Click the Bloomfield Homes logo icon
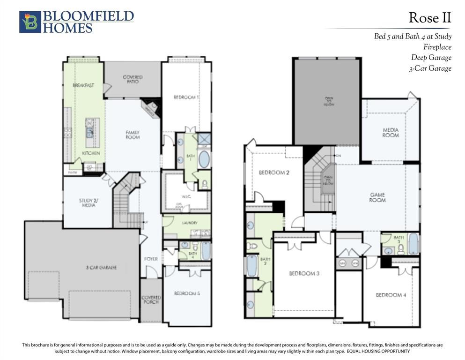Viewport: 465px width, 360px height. (x=30, y=22)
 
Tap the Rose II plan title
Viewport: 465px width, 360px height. (x=429, y=18)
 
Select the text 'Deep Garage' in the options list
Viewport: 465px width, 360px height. (x=431, y=58)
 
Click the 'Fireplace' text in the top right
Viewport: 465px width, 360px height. (x=437, y=47)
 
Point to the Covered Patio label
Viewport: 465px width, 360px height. (x=133, y=79)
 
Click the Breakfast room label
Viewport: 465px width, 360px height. (x=83, y=85)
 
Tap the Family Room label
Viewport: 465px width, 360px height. (x=133, y=135)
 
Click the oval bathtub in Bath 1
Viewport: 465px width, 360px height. (x=204, y=159)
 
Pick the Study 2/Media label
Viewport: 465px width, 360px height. (x=88, y=203)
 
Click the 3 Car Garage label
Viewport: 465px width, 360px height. (x=101, y=268)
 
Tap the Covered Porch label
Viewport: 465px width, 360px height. (x=151, y=300)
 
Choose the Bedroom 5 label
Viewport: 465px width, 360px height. (x=187, y=293)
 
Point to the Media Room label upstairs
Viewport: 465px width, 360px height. (x=391, y=133)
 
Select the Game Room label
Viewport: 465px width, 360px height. (x=377, y=197)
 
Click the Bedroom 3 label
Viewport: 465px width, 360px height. (x=304, y=274)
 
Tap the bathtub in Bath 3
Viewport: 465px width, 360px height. (x=413, y=244)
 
